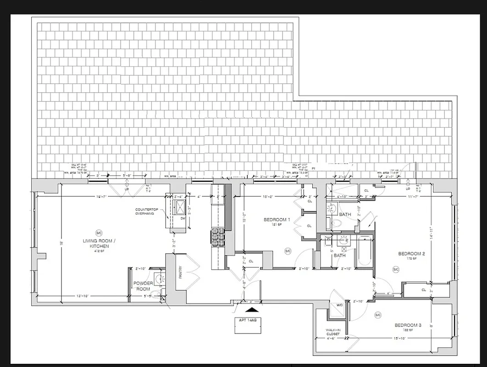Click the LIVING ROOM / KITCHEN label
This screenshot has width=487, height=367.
coord(96,244)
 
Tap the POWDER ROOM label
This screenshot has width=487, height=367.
coord(143,286)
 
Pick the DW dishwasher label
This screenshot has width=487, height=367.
coord(183,218)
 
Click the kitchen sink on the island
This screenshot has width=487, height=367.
coord(179,206)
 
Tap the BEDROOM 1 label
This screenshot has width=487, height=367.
coord(277,220)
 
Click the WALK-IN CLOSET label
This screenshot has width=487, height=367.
coord(332,332)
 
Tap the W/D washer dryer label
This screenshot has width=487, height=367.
coord(339,305)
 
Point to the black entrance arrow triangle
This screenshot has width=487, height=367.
coord(249,311)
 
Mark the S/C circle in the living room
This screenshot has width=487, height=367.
coord(98,232)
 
